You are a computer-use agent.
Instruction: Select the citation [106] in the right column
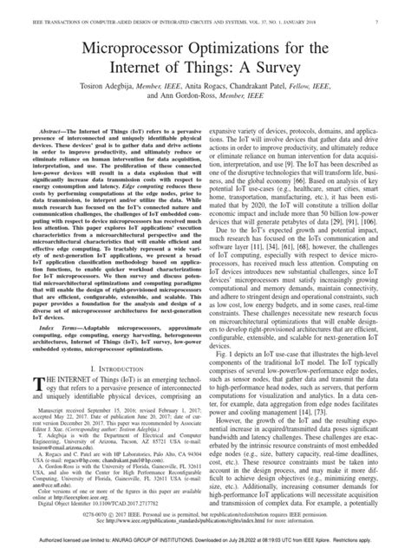pyautogui.click(x=362, y=222)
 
